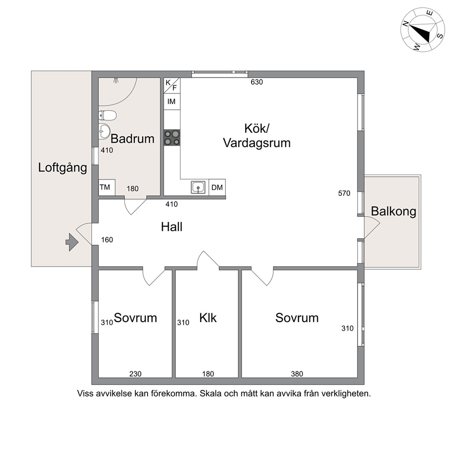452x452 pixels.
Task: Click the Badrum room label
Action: click(132, 139)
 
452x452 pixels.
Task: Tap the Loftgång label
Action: click(62, 168)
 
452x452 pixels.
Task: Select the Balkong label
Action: click(394, 211)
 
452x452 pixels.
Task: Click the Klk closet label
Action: click(208, 318)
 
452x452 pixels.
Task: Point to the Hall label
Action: click(172, 227)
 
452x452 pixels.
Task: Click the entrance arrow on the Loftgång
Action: click(72, 242)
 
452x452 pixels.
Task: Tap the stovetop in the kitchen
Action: click(172, 138)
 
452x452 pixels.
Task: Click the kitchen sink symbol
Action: click(198, 187)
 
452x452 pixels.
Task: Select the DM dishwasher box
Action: click(217, 187)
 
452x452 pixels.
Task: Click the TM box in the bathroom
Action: click(107, 187)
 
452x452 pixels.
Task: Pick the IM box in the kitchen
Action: click(172, 102)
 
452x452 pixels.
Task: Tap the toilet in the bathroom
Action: click(107, 116)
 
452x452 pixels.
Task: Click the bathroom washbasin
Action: click(104, 131)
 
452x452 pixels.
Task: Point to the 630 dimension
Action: click(257, 82)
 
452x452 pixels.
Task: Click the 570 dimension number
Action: click(344, 193)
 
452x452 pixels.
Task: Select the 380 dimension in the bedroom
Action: click(297, 374)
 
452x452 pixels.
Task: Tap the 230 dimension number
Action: click(135, 374)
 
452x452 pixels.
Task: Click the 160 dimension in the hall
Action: click(107, 240)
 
